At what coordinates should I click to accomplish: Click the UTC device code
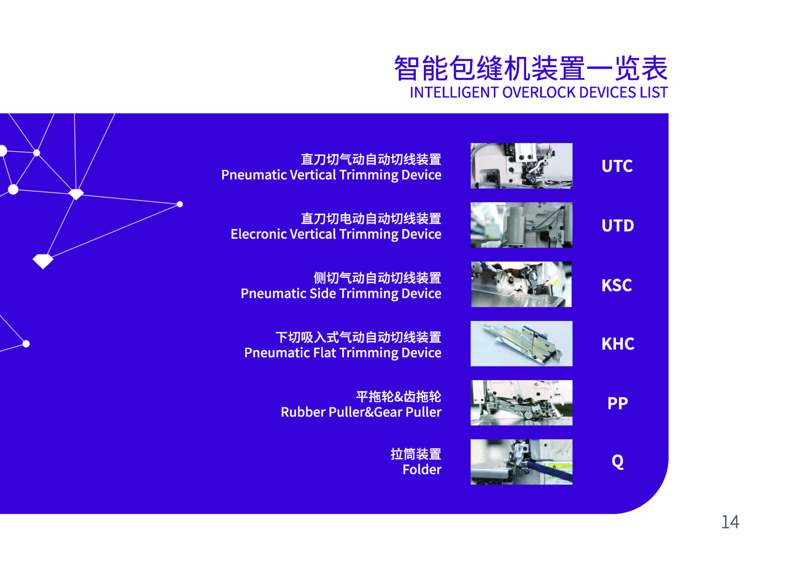click(617, 166)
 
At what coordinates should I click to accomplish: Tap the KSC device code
click(617, 285)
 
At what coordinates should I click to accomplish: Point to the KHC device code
click(618, 344)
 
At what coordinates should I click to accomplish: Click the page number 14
click(730, 522)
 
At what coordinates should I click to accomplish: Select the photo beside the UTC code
click(521, 166)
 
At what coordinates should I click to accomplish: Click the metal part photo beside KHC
click(521, 344)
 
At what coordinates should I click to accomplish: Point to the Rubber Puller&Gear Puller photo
click(521, 403)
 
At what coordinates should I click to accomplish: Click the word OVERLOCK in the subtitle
click(539, 93)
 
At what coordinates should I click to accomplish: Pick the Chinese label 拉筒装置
click(416, 454)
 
